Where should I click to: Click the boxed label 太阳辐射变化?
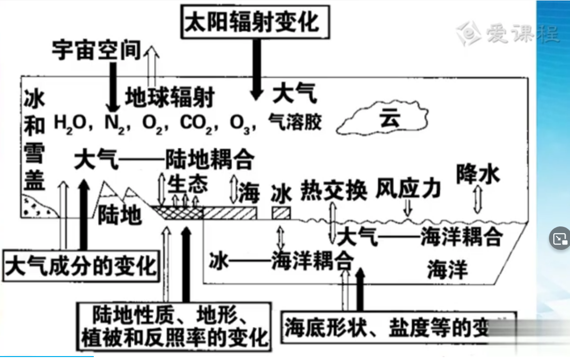pyautogui.click(x=252, y=21)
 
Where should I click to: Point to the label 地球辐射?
pyautogui.click(x=169, y=98)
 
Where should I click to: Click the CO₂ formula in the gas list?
pyautogui.click(x=196, y=123)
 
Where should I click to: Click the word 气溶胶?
pyautogui.click(x=295, y=122)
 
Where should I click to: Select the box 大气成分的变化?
pyautogui.click(x=81, y=266)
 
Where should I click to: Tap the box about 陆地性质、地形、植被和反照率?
pyautogui.click(x=174, y=326)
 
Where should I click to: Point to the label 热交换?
pyautogui.click(x=334, y=191)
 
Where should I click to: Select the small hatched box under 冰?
pyautogui.click(x=281, y=214)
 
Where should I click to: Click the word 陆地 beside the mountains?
pyautogui.click(x=120, y=214)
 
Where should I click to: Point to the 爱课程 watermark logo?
pyautogui.click(x=508, y=33)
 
